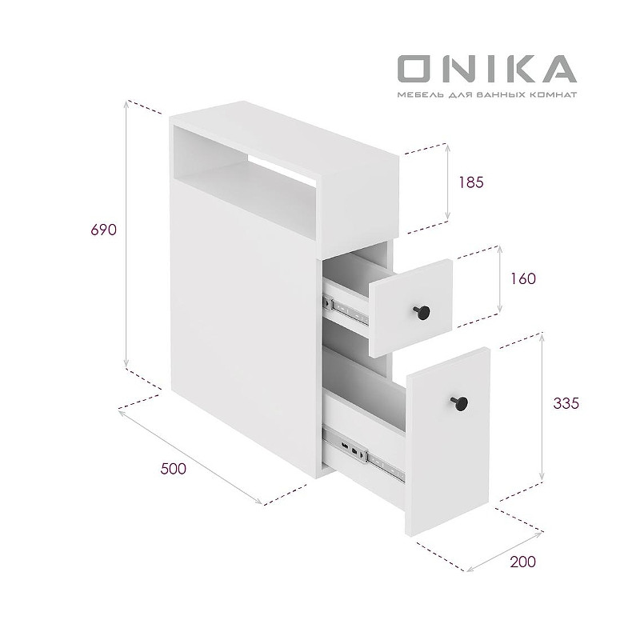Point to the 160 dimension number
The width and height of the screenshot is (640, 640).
click(521, 278)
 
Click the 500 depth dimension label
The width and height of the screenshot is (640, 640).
click(173, 469)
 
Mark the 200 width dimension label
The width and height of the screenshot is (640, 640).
click(522, 562)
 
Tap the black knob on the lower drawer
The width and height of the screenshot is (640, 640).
click(460, 402)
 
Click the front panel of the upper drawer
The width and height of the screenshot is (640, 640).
click(410, 307)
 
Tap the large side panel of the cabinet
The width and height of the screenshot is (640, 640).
click(240, 320)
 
